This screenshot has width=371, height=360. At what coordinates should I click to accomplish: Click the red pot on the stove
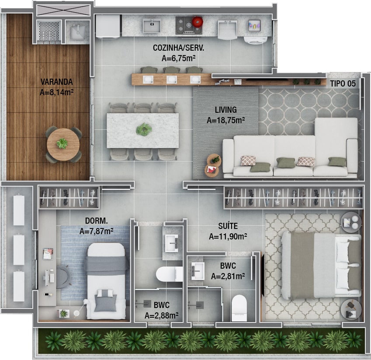(x=198, y=21)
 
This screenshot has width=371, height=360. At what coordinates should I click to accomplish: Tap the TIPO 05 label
(x=343, y=83)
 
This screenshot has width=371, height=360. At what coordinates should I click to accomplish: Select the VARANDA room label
(x=56, y=82)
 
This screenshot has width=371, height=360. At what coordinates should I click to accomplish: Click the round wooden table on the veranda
(x=63, y=144)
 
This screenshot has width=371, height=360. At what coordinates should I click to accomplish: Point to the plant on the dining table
(x=144, y=129)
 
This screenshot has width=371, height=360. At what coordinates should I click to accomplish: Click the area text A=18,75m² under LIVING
(x=226, y=120)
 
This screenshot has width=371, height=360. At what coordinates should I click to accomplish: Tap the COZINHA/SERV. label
(x=178, y=48)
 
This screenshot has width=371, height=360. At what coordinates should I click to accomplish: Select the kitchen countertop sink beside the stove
(x=152, y=25)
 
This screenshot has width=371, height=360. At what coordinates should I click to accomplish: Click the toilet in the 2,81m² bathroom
(x=239, y=308)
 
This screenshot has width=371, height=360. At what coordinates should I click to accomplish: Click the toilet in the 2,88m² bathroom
(x=169, y=274)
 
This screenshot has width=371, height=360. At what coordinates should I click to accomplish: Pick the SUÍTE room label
(x=228, y=226)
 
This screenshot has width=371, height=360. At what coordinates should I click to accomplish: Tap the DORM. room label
(x=96, y=221)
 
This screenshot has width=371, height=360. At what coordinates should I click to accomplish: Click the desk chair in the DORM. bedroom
(x=62, y=277)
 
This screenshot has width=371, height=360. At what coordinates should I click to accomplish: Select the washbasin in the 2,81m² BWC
(x=198, y=270)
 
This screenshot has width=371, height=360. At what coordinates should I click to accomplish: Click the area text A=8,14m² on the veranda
(x=56, y=92)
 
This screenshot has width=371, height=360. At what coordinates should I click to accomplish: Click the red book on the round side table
(x=211, y=170)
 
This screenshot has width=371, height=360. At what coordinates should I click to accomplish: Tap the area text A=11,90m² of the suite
(x=228, y=236)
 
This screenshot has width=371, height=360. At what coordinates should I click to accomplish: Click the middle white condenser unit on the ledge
(x=19, y=250)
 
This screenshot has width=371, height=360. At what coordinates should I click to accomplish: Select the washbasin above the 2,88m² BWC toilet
(x=172, y=243)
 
